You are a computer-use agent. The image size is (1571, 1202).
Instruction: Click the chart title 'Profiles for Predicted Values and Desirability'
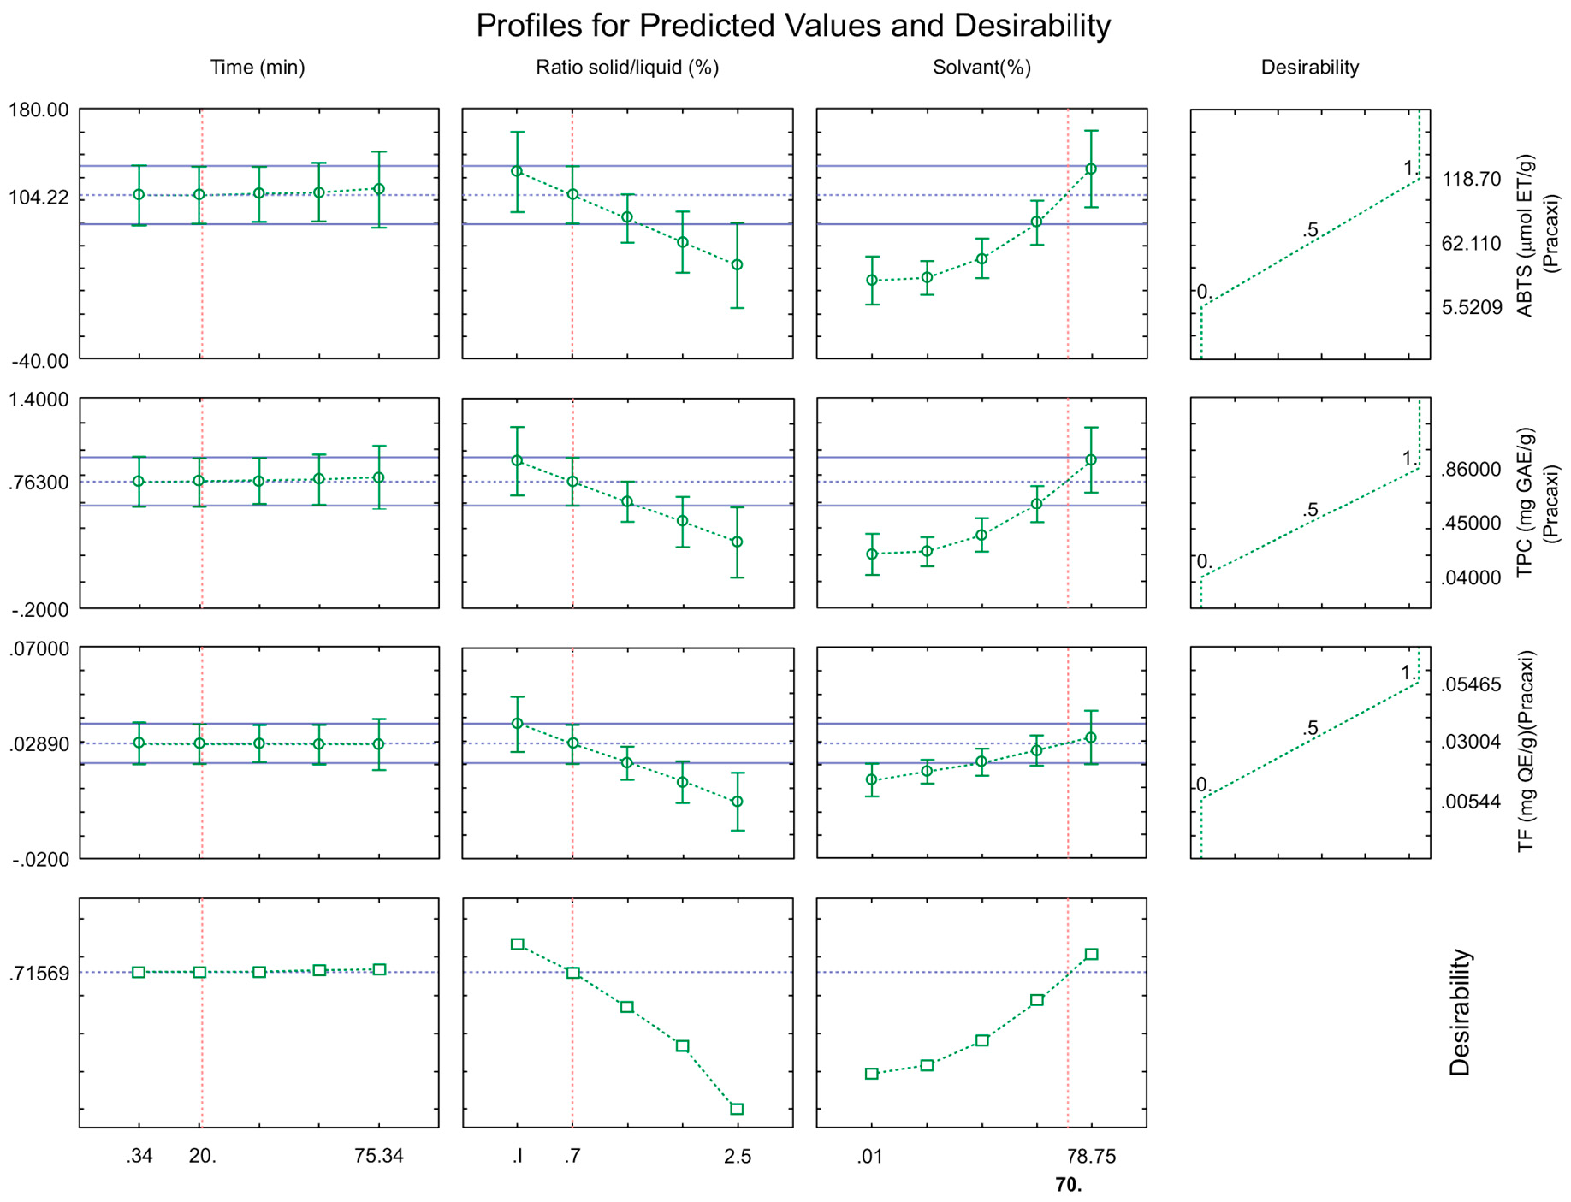(792, 26)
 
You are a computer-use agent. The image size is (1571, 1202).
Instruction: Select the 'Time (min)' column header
(258, 68)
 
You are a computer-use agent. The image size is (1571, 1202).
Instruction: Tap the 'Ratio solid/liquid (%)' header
(627, 68)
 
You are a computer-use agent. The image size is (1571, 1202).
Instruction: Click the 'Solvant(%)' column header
(981, 68)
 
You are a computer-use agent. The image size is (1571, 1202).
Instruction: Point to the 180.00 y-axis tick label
(39, 110)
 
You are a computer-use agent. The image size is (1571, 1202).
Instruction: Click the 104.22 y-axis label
(39, 198)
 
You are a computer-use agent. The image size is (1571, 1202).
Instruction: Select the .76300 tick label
(39, 483)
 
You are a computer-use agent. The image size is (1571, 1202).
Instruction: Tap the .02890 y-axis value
(39, 743)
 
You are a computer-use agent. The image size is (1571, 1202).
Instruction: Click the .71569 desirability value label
(39, 974)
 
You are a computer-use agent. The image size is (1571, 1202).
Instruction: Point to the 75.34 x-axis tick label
(379, 1157)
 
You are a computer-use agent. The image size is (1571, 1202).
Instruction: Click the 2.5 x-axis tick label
(738, 1157)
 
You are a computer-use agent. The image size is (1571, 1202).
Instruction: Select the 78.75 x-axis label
(1092, 1157)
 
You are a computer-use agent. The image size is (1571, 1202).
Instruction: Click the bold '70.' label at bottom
(1069, 1185)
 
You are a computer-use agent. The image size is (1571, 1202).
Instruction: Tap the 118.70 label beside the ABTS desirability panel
(1472, 180)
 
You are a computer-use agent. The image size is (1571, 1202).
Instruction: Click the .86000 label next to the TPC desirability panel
(1471, 470)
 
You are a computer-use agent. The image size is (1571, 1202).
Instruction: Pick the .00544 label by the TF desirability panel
(1471, 802)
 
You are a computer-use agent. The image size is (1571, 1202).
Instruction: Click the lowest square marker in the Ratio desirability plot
(737, 1109)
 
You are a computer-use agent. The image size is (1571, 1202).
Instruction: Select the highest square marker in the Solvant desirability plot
(1092, 954)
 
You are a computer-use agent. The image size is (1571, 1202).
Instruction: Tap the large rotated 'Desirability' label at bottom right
(1460, 1012)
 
